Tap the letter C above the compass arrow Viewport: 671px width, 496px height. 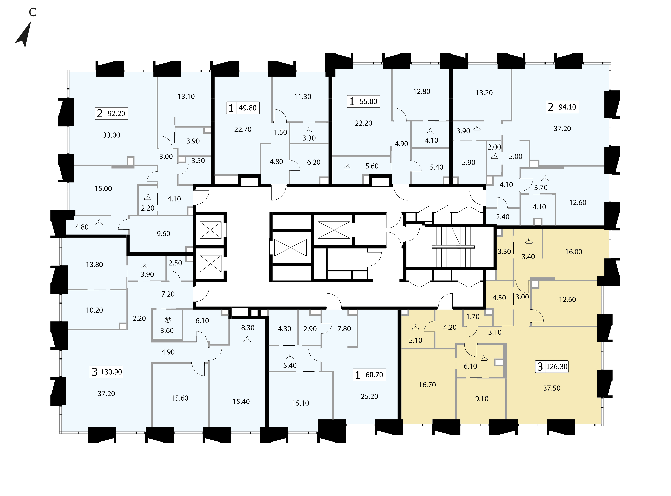(32, 12)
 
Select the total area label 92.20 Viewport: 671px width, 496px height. (116, 113)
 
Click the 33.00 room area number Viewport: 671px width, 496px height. (111, 135)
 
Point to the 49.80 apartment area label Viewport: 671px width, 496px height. (248, 108)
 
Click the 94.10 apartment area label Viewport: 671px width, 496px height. (567, 107)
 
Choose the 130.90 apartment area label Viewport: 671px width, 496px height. (111, 372)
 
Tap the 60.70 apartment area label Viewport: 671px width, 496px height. (374, 375)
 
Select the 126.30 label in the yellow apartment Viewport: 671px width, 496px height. (557, 367)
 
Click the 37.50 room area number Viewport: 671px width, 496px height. (552, 388)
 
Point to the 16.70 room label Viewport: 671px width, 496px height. (427, 385)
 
